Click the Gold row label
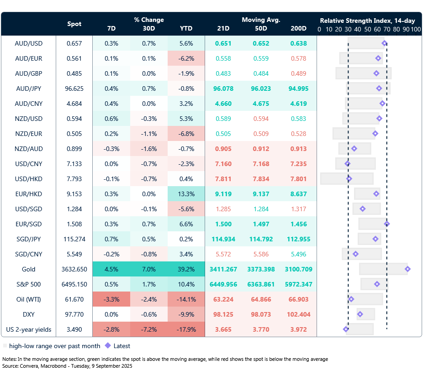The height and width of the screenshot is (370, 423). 28,269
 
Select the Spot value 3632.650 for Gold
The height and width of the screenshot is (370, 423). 74,269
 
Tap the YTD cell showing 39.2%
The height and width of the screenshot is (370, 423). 186,269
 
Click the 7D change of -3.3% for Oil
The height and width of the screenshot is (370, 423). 111,299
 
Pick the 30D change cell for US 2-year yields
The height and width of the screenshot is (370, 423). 148,329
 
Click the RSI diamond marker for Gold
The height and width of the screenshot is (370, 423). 407,269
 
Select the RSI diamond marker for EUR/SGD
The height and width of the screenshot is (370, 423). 387,224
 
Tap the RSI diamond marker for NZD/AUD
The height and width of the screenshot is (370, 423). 354,149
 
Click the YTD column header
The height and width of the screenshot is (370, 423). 186,29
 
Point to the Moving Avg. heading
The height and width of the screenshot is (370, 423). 261,20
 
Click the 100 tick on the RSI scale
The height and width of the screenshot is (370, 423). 415,29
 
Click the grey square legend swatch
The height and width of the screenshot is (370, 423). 5,346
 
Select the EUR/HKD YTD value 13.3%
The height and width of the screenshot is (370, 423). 186,194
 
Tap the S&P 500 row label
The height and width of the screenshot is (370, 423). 28,284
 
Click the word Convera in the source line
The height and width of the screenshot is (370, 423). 28,366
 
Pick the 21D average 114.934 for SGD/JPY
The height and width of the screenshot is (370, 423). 224,239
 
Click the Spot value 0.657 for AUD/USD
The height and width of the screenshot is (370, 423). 74,44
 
